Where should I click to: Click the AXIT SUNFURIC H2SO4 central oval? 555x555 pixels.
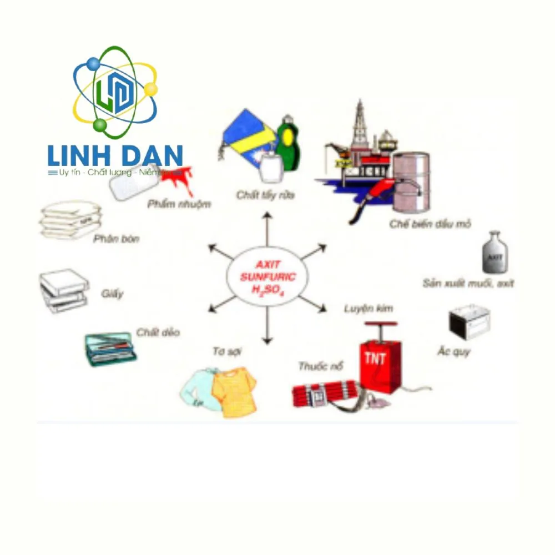(268, 276)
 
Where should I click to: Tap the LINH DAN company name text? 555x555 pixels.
(115, 155)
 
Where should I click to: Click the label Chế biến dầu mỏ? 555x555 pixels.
(430, 224)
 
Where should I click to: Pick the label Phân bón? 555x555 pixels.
(116, 239)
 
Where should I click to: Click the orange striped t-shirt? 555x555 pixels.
(234, 392)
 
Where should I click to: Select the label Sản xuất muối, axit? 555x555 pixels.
(468, 283)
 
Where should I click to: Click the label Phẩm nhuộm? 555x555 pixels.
(179, 204)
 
